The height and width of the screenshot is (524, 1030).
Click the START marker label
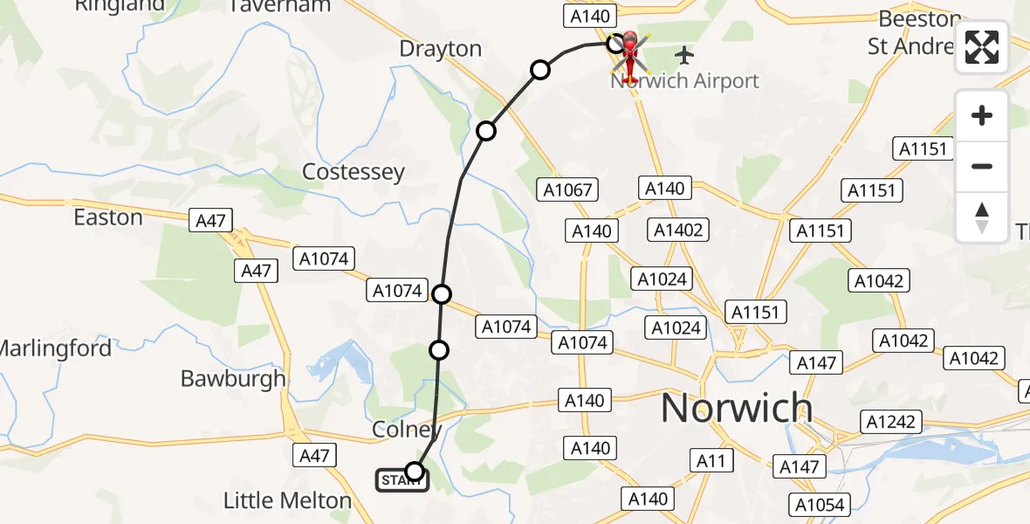[x=401, y=479]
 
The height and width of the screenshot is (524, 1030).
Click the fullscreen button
[x=982, y=47]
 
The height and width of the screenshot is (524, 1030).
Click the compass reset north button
[x=982, y=217]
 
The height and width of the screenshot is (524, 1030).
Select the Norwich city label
[x=737, y=408]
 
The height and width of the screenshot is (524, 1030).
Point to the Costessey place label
[x=353, y=172]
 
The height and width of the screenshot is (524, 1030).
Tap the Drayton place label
[x=440, y=49]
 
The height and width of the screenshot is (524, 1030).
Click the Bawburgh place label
[x=233, y=378]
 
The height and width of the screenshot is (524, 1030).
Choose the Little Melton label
[x=287, y=500]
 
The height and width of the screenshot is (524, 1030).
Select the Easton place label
[x=108, y=217]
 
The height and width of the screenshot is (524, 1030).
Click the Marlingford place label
[x=54, y=348]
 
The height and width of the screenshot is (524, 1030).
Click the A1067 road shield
[x=567, y=190]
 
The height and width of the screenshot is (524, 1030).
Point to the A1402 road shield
[x=677, y=230]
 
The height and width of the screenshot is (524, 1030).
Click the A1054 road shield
[x=821, y=505]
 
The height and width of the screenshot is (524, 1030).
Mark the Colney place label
[x=402, y=431]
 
